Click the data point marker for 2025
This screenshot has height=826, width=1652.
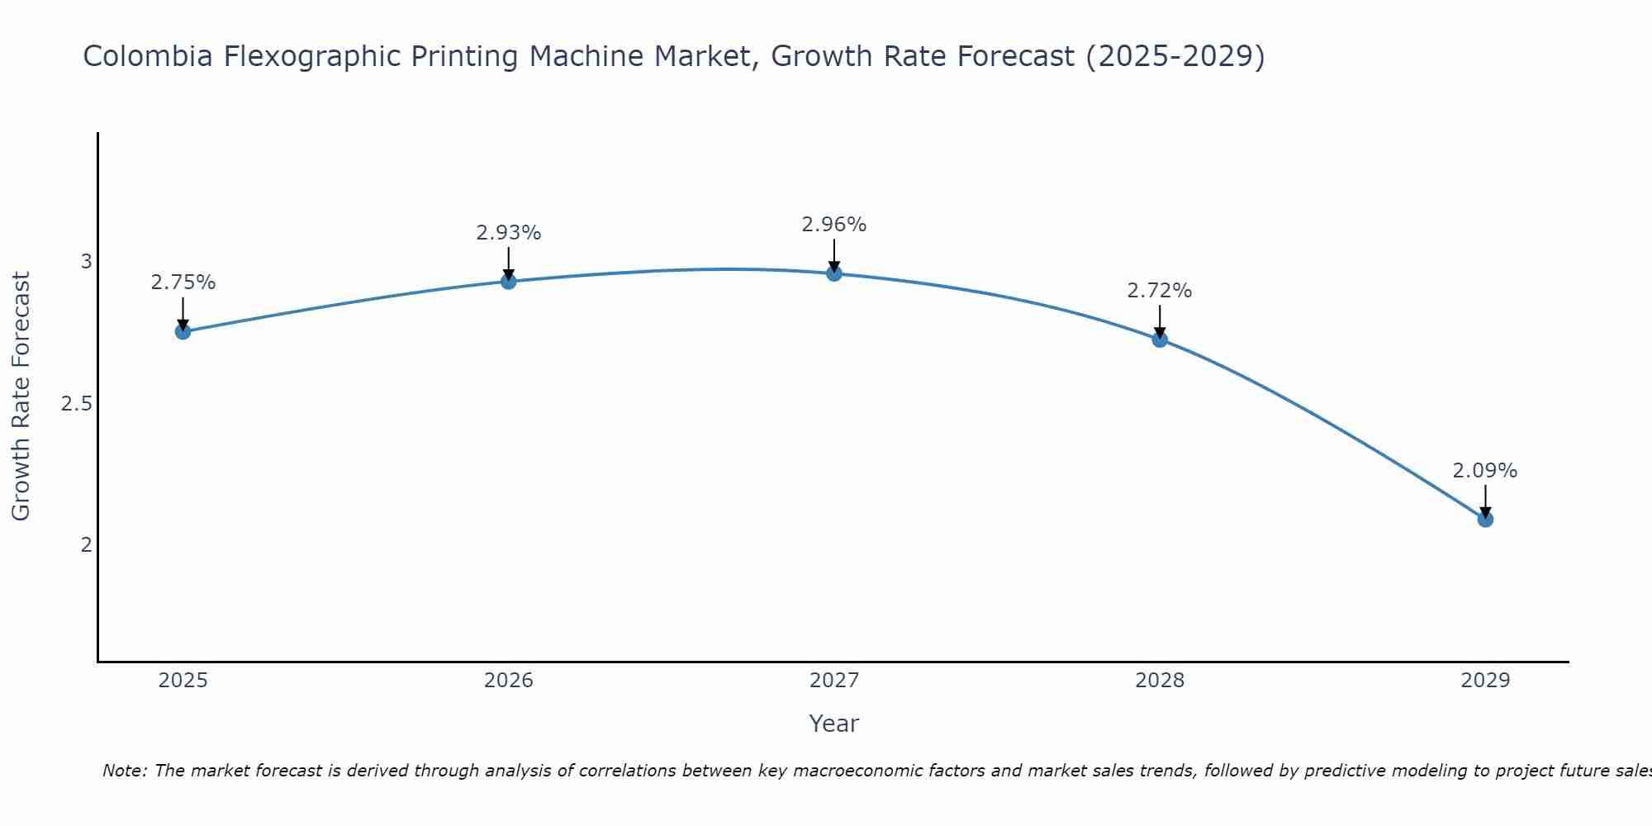(183, 332)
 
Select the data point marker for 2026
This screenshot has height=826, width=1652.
(509, 282)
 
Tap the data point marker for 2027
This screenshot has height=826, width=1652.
(834, 273)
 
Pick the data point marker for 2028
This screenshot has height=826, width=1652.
(1160, 339)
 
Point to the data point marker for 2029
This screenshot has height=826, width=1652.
(1485, 520)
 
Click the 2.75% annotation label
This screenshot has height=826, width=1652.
(183, 282)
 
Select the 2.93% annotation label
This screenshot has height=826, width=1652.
(509, 233)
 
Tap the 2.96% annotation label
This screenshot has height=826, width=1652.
(834, 225)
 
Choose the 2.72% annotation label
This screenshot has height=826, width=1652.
(1160, 291)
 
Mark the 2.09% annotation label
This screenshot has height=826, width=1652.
(1485, 471)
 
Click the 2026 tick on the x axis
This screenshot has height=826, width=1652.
(509, 681)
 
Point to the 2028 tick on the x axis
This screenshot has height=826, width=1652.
(1160, 681)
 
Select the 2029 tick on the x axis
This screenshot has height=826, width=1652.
(1485, 681)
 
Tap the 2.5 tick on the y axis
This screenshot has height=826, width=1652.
(76, 404)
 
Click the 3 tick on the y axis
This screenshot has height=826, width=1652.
(86, 262)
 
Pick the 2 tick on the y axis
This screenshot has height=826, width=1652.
(86, 544)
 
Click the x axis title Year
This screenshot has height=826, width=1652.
(834, 724)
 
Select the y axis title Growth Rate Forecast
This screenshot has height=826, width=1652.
(21, 396)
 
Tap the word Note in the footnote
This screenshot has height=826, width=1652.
(124, 771)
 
